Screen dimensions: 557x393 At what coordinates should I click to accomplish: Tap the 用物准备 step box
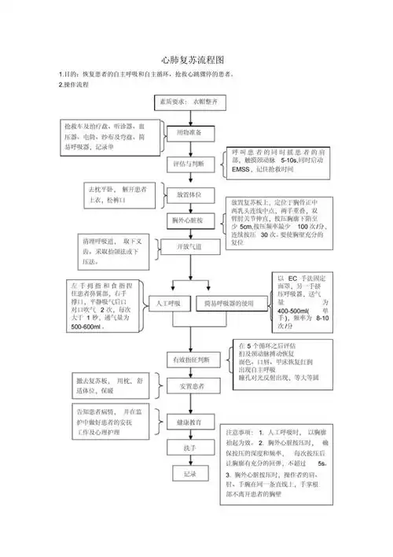pyautogui.click(x=187, y=134)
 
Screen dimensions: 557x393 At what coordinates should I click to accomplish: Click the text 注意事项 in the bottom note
pyautogui.click(x=238, y=433)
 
